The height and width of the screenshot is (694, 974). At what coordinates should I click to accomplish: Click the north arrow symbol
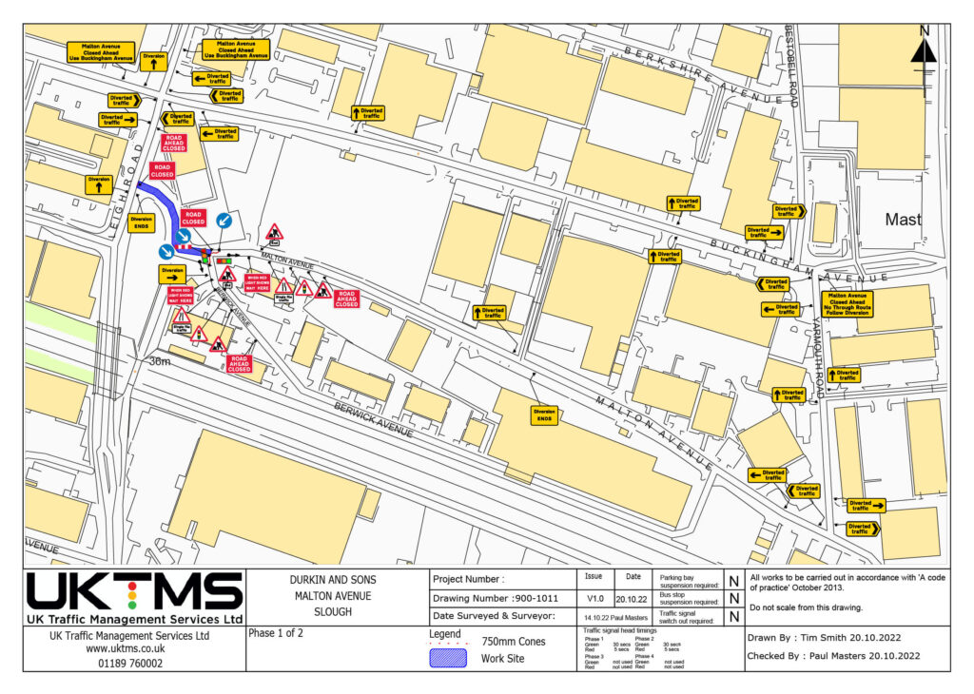pyautogui.click(x=924, y=50)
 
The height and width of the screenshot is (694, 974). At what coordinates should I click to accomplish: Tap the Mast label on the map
pyautogui.click(x=903, y=220)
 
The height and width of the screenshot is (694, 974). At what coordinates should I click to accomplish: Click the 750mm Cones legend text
pyautogui.click(x=514, y=642)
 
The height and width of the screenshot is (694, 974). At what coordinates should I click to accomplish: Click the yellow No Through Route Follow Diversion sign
pyautogui.click(x=849, y=304)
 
